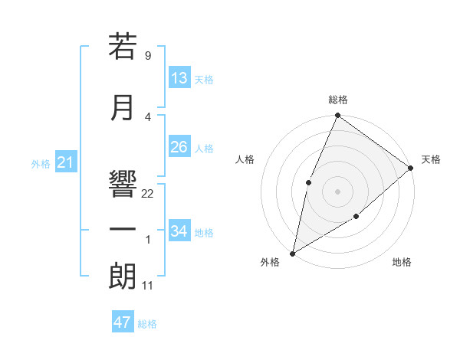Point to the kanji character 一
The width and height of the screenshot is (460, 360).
pos(123,230)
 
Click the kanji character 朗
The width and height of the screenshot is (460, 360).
pos(123,276)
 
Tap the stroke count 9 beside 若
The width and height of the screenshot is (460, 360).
pos(147,56)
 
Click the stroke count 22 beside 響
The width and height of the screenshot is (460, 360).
pos(148,194)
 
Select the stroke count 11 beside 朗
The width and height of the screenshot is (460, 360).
pos(148,286)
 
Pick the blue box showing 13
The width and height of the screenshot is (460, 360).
pos(179,78)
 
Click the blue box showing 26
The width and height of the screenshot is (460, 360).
pos(179,147)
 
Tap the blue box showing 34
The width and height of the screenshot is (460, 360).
pos(179,231)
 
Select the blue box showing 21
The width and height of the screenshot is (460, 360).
pos(65,162)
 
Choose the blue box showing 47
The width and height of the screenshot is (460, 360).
pos(123,322)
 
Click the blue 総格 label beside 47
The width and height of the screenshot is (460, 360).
pos(147,324)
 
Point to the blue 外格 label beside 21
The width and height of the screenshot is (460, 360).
pos(41,164)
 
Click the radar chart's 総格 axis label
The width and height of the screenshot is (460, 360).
pos(337,100)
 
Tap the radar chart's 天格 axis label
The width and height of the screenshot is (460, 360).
pos(432,159)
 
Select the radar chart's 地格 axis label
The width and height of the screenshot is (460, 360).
pos(402,263)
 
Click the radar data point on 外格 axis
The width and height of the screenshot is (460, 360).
pos(292,253)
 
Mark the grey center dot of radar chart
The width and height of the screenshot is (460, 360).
pos(337,191)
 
